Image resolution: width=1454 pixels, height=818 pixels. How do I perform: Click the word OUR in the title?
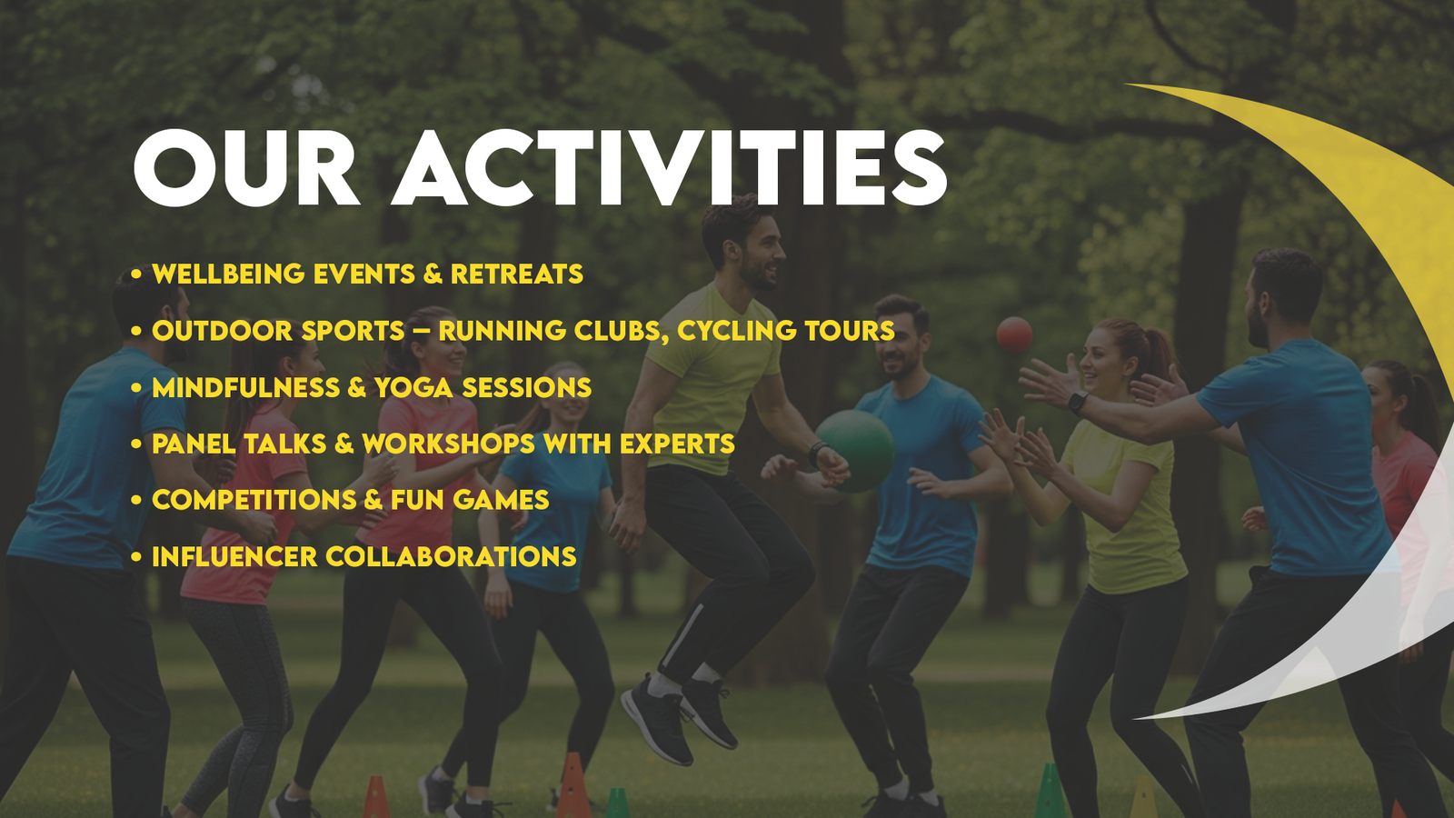click(245, 170)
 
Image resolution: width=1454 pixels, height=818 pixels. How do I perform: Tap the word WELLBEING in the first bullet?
click(228, 274)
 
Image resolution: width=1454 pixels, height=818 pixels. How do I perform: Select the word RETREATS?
click(516, 274)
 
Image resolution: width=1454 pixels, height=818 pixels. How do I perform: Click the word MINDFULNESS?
click(245, 388)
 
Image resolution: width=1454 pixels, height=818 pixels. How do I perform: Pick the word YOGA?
click(413, 388)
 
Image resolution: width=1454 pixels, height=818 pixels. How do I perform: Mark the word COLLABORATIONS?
click(450, 557)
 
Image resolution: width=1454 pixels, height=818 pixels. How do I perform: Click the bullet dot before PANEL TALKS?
click(136, 444)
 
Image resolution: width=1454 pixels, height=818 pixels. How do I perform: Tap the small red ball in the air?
click(1014, 334)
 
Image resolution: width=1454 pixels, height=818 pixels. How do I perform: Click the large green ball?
click(856, 449)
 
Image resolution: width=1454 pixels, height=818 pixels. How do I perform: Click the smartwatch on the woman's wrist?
click(1078, 401)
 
